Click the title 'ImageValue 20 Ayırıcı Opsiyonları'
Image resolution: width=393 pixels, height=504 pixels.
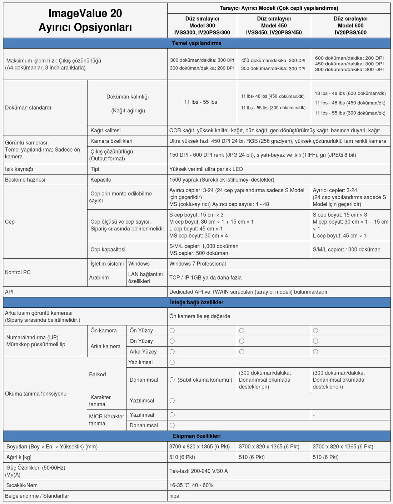[85, 20]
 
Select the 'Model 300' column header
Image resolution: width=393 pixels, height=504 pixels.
[202, 25]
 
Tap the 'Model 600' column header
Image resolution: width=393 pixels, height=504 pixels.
[350, 25]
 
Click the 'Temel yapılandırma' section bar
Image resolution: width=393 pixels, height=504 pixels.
[196, 43]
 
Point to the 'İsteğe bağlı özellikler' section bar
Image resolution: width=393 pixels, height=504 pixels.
[196, 302]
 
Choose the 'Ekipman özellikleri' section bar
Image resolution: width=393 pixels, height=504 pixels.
[196, 436]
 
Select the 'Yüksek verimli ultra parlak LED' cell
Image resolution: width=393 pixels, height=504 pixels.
[206, 169]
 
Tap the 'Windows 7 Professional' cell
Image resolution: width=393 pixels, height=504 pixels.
[198, 264]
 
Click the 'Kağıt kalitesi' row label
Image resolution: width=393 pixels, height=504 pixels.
[105, 130]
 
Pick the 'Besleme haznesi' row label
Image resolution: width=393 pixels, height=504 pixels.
[25, 180]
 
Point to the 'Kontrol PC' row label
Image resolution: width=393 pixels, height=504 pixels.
[18, 272]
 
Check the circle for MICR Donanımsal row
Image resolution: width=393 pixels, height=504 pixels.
[172, 426]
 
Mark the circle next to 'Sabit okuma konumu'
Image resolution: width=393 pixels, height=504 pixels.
[172, 380]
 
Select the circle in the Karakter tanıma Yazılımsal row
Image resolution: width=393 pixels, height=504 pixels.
[172, 401]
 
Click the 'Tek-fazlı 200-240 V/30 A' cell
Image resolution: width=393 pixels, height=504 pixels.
[199, 471]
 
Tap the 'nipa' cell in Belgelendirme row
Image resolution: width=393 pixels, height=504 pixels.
[174, 496]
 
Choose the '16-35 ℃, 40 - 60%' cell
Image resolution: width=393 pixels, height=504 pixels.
[191, 485]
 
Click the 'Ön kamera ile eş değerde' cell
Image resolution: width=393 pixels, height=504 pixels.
[200, 316]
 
